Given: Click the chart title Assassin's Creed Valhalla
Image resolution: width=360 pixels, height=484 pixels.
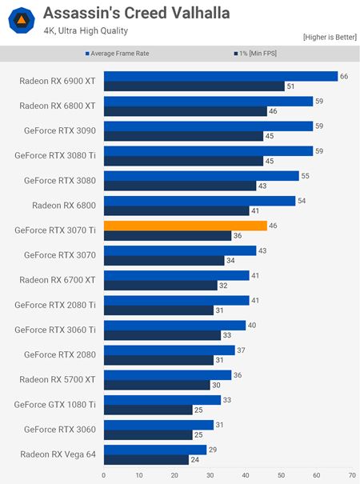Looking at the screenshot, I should (x=136, y=14).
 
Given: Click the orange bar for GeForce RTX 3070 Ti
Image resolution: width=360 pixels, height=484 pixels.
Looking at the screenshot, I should (x=185, y=226).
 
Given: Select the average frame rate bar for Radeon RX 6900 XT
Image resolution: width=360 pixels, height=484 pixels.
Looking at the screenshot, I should (x=221, y=76).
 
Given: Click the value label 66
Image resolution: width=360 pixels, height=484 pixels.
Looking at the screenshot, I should (x=344, y=76).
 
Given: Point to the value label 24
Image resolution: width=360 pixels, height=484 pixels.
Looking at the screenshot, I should (x=194, y=459).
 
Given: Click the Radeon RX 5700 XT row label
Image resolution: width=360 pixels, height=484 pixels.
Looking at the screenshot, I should (x=56, y=379).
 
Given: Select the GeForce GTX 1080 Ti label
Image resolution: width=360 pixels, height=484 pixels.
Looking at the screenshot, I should (x=56, y=404).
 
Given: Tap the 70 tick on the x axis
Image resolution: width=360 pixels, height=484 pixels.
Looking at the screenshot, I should (x=352, y=475).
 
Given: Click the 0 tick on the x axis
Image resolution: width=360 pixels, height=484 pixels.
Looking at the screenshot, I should (x=103, y=475).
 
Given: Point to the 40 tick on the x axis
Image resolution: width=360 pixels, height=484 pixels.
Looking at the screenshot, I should (x=246, y=475).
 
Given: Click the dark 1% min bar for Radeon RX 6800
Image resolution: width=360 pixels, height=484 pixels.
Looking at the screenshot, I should (x=176, y=211).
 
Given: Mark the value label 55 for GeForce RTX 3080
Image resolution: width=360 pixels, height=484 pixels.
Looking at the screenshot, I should (x=305, y=175).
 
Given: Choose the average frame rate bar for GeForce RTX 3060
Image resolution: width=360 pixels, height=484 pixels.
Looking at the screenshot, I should (x=158, y=424).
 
